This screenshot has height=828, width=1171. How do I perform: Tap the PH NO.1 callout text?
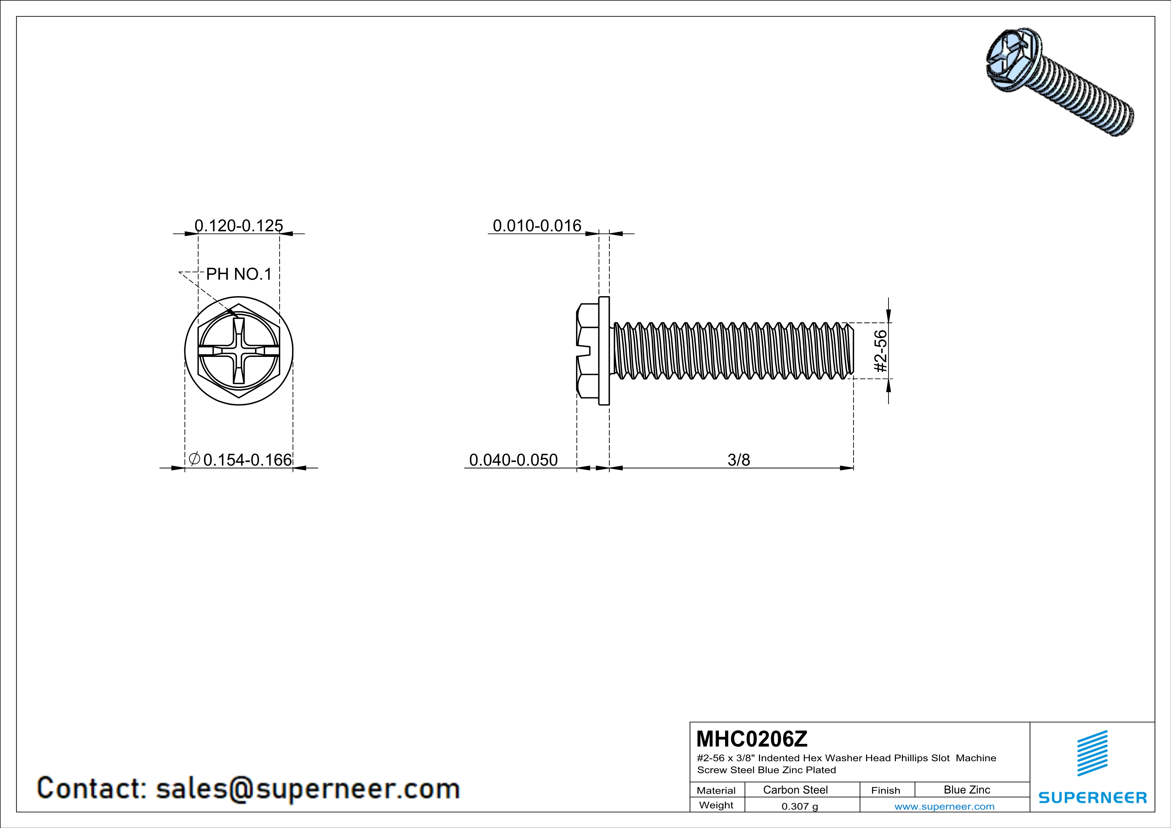click(x=239, y=274)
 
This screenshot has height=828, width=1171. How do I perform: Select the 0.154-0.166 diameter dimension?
click(x=247, y=460)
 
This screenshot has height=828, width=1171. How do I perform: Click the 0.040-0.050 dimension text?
click(x=513, y=460)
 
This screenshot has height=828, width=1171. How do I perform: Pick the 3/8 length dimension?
click(x=739, y=460)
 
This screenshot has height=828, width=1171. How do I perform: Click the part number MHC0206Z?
click(x=752, y=739)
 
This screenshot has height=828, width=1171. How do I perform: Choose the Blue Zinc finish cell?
click(x=967, y=790)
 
